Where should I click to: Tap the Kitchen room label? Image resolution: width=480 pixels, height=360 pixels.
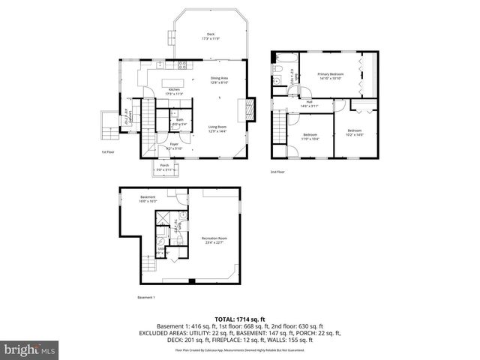(174, 91)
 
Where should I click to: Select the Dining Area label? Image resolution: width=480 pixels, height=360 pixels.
(219, 80)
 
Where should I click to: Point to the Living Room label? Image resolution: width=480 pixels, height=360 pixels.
(217, 129)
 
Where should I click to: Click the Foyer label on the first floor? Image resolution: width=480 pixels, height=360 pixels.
(174, 146)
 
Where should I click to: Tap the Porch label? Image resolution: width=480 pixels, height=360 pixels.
(163, 167)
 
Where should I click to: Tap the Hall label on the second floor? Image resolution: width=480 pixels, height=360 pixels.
(310, 104)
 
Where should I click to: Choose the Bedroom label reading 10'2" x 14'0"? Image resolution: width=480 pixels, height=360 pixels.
(355, 133)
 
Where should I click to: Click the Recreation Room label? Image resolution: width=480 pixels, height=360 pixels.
(214, 239)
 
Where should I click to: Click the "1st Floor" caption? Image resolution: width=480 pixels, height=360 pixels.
(108, 152)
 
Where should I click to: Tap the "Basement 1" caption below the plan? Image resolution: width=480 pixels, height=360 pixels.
(145, 298)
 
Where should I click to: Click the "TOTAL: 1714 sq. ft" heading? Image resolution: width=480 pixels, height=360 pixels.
(239, 319)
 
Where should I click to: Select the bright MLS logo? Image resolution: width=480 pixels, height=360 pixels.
(28, 349)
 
